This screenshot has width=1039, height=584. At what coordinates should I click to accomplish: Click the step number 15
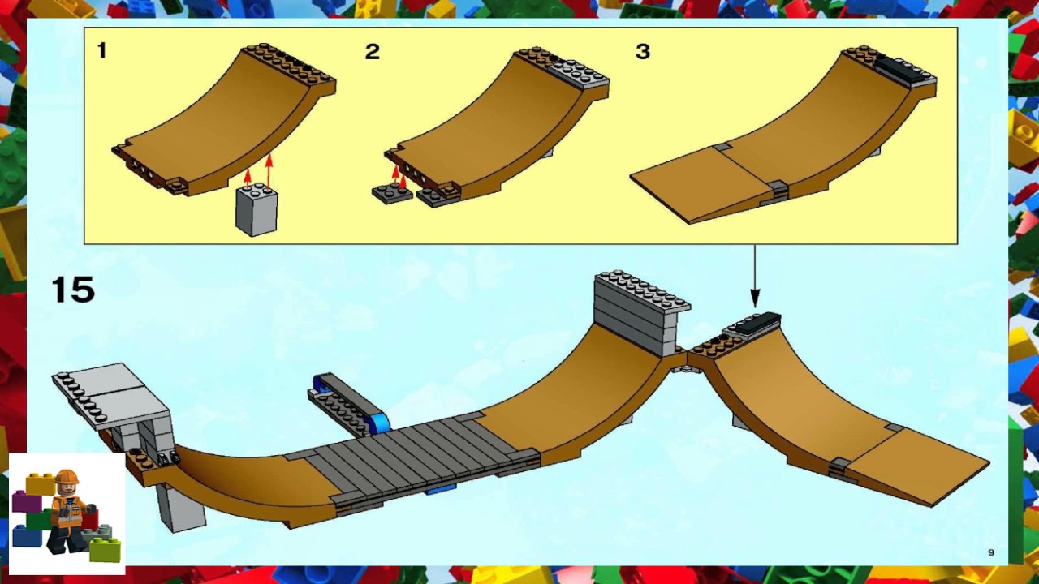point(73,290)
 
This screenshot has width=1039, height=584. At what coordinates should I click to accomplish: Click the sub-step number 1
point(101,50)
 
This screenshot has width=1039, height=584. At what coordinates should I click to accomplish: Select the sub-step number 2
point(372,51)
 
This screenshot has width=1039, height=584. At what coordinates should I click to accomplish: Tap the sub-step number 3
point(642,51)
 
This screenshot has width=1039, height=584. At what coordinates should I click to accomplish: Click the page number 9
point(991,552)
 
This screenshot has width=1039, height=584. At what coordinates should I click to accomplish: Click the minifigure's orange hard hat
point(67,477)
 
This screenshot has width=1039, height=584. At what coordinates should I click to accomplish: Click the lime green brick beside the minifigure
point(105,550)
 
